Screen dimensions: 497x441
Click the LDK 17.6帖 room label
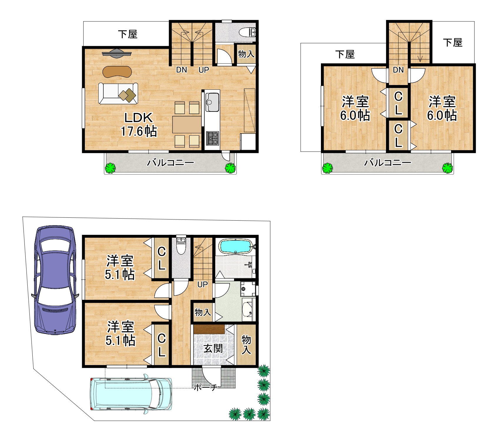pos(139,124)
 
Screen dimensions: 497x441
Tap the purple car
pos(55,280)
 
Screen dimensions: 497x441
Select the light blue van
pos(131,394)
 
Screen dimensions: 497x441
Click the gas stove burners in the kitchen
pos(212,138)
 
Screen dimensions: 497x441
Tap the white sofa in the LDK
pos(118,93)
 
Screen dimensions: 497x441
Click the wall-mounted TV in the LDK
pos(117,53)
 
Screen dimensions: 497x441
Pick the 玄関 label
pos(213,348)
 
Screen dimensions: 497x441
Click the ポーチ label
pos(206,387)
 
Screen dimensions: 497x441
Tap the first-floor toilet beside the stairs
pos(180,245)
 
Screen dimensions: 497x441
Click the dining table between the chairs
pos(187,124)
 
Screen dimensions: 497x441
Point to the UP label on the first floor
pos(203,284)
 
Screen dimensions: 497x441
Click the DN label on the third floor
pos(398,70)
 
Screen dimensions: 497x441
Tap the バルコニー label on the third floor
pos(387,163)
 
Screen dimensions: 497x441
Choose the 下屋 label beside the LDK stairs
pos(128,34)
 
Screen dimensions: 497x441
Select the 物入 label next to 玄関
pos(246,345)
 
